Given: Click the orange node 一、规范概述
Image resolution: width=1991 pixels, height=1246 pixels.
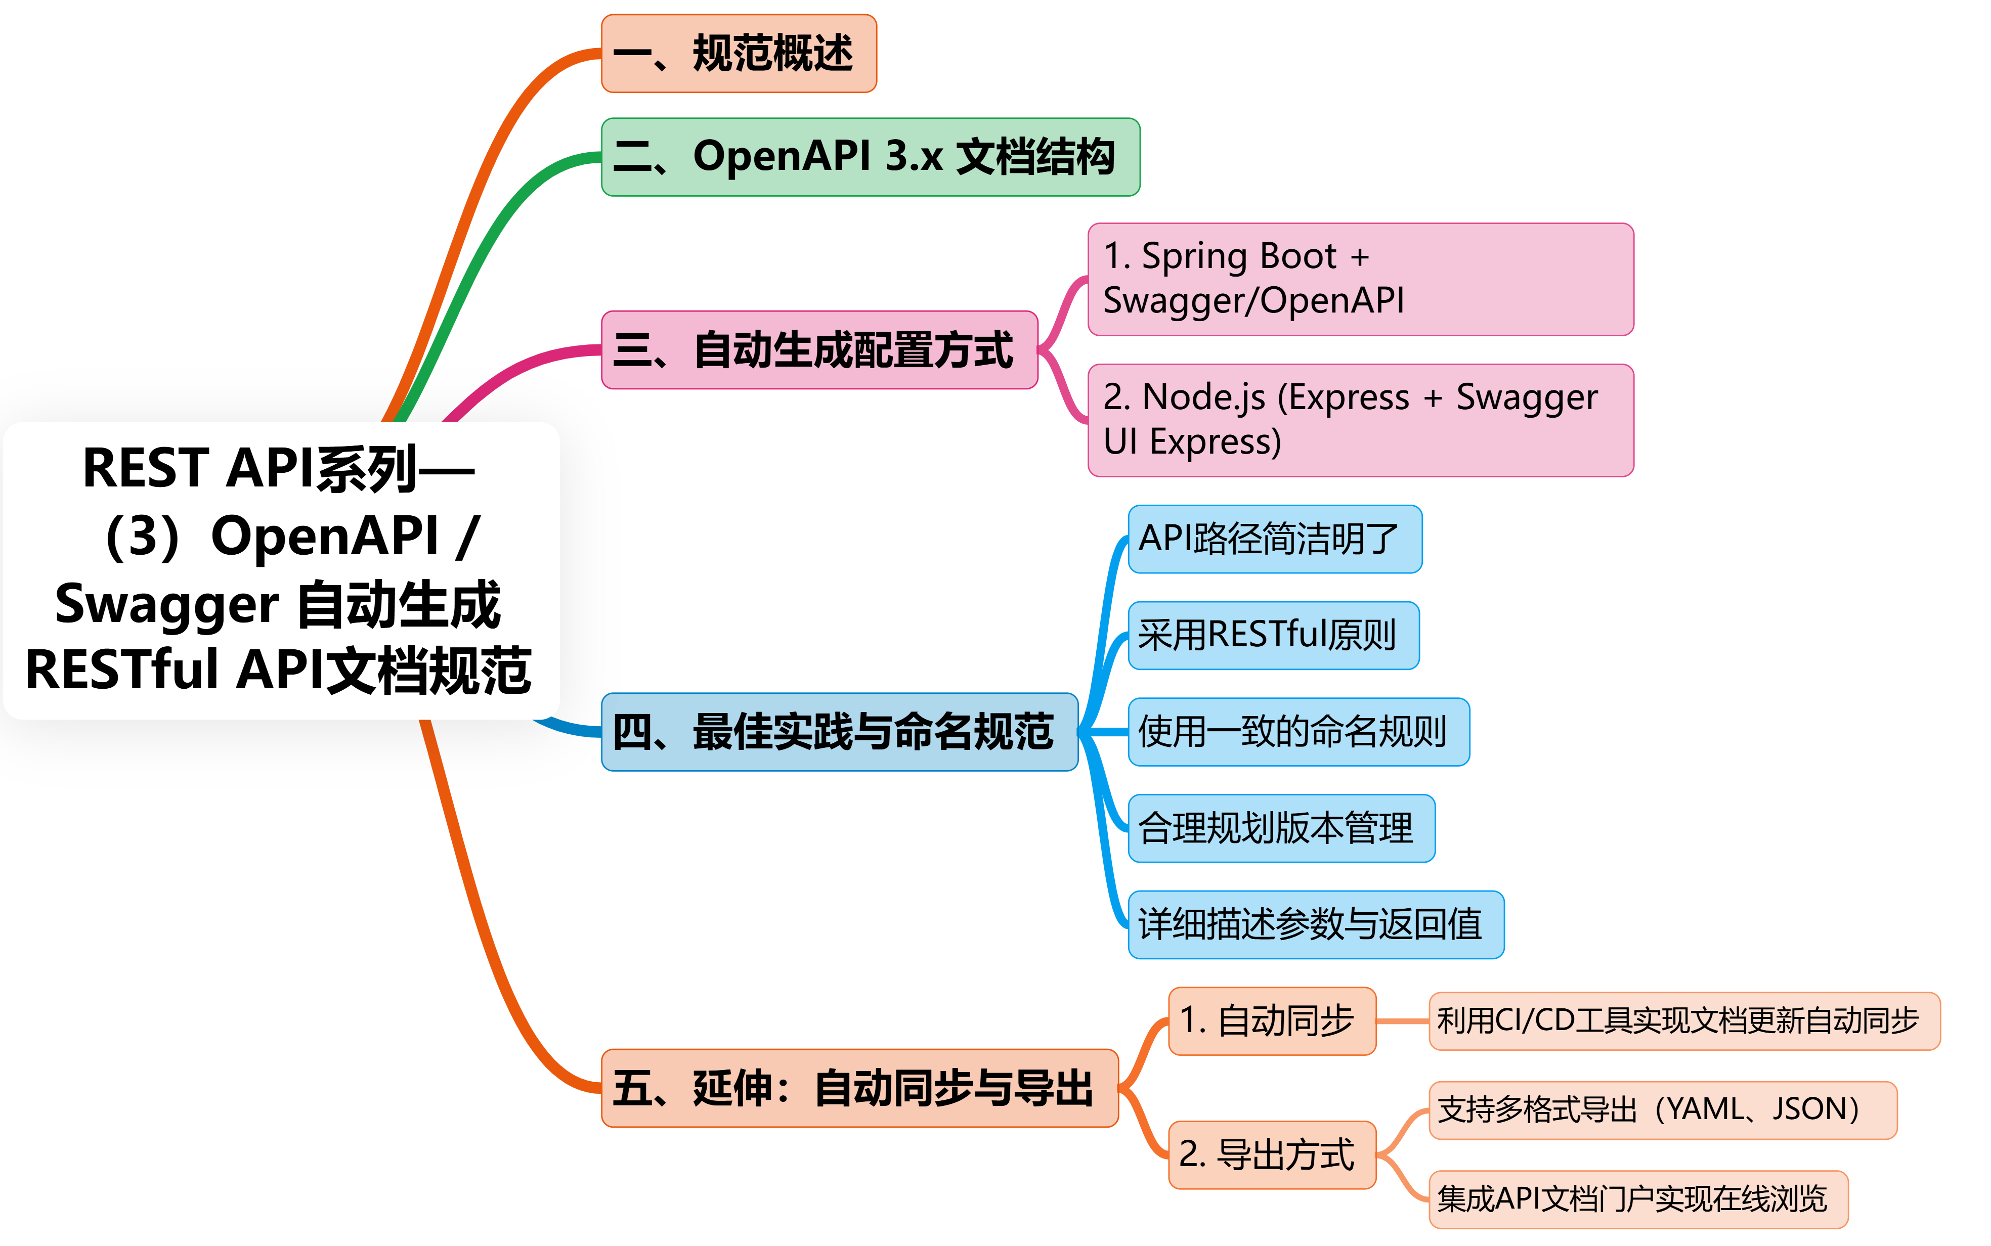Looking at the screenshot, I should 739,54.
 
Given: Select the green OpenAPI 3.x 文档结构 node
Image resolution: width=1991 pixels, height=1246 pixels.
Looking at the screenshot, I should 870,157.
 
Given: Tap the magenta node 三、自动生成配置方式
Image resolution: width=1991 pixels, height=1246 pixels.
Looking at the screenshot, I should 819,349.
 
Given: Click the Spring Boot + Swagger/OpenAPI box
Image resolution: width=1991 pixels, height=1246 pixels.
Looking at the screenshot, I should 1360,279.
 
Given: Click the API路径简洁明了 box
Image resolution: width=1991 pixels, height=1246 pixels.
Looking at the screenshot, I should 1274,539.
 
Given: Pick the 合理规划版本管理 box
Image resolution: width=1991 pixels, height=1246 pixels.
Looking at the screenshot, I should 1281,828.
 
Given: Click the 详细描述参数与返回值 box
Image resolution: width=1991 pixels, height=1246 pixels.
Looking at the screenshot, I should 1315,924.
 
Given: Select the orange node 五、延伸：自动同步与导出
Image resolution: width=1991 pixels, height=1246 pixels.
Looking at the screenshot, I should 859,1088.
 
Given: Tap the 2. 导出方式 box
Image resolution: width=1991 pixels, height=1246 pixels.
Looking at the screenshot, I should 1272,1154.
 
